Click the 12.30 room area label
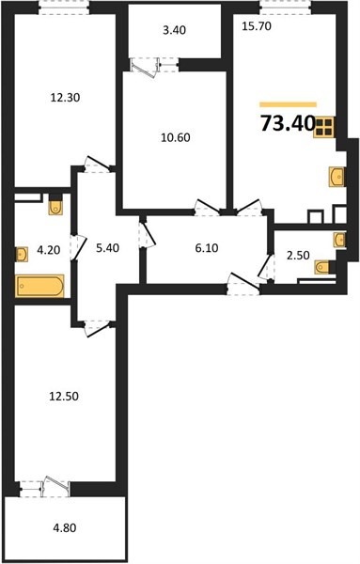(65, 98)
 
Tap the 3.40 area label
(174, 30)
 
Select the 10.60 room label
(176, 137)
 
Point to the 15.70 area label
(257, 26)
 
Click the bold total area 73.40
(288, 123)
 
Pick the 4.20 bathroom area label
(49, 250)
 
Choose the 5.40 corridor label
(107, 248)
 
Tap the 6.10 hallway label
(207, 248)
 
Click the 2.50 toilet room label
(298, 256)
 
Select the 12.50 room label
(64, 397)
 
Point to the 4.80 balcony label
(65, 528)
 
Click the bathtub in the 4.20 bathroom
(39, 286)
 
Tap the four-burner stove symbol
(324, 127)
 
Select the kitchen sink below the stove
(337, 177)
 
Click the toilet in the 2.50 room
(322, 267)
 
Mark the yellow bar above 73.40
(288, 104)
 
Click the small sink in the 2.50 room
(339, 240)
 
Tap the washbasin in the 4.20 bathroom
(22, 255)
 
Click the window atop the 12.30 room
(64, 8)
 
